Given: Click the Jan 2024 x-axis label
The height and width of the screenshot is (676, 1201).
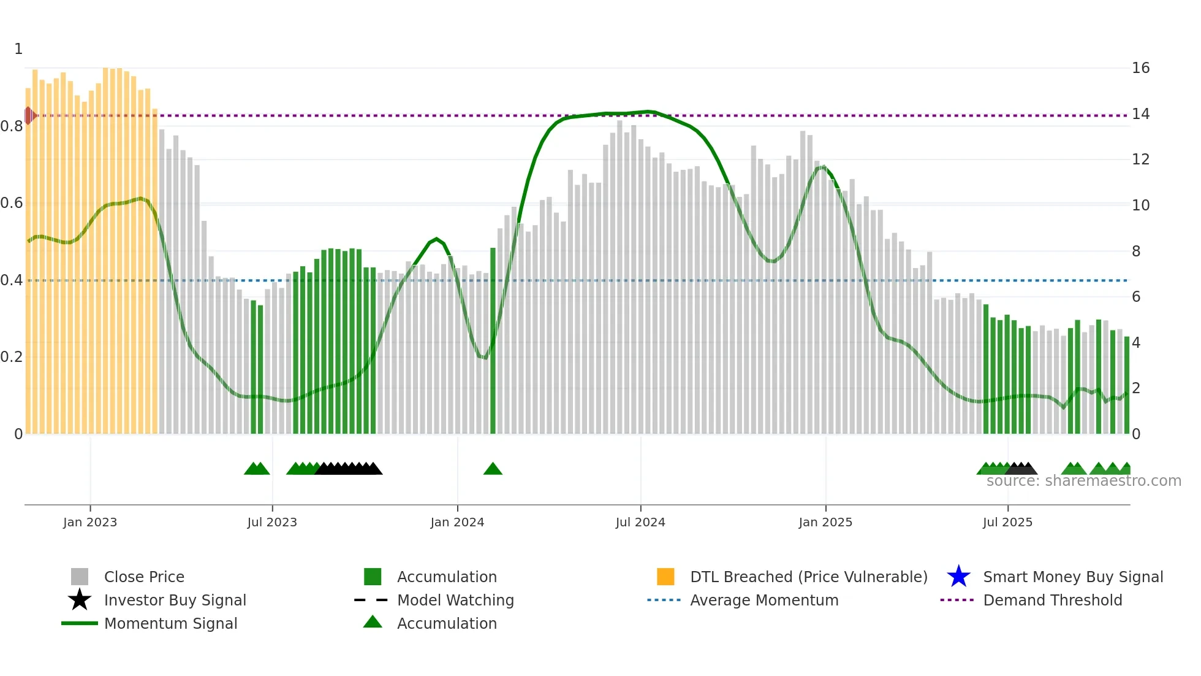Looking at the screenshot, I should [457, 522].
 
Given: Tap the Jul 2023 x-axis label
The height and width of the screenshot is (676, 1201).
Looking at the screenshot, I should [272, 522].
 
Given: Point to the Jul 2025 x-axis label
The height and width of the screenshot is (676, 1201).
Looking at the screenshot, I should [1007, 522].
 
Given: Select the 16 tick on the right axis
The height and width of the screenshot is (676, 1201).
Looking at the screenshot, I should [1140, 68].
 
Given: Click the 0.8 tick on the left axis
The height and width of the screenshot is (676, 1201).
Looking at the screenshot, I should [12, 126].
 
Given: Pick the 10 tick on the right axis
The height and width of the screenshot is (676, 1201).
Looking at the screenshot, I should [1140, 205].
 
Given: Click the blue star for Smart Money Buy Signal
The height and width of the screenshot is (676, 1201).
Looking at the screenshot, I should [958, 577].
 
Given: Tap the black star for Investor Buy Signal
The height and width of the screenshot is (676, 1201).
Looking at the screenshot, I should [80, 600].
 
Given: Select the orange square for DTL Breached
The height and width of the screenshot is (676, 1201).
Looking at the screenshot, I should [665, 577].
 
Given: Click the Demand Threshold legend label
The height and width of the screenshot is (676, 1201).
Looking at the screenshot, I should [1052, 600].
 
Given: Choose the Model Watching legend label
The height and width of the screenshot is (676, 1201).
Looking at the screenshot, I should [455, 600].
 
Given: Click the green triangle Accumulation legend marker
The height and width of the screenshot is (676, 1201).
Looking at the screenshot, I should [373, 622].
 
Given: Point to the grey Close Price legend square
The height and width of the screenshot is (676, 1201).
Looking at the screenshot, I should [80, 577].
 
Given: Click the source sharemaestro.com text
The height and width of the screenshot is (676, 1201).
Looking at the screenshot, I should [1083, 481].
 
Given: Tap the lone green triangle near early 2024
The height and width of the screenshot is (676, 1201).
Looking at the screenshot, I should [493, 469].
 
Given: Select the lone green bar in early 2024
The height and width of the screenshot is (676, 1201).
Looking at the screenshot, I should [493, 340].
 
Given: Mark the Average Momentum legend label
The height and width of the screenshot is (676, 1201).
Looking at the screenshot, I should [764, 600].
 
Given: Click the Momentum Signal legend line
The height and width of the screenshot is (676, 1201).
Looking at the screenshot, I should [80, 623].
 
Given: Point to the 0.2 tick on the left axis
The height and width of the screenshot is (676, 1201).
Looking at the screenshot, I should [12, 357].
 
